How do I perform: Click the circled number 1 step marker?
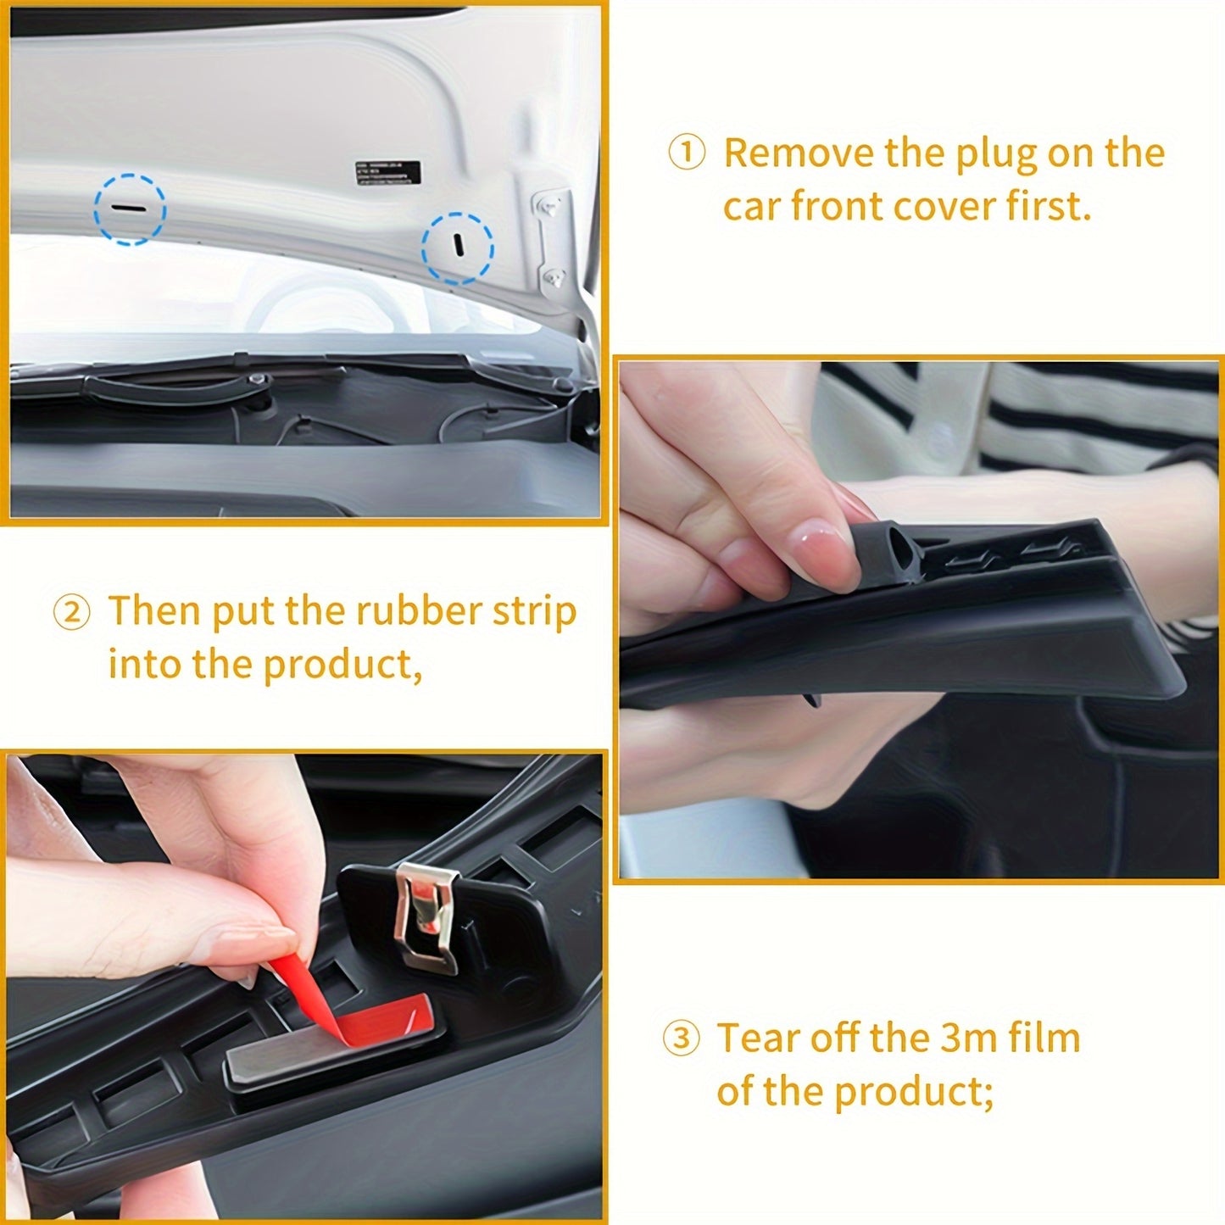(x=687, y=154)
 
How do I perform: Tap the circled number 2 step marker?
(x=71, y=613)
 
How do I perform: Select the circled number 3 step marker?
(x=681, y=1039)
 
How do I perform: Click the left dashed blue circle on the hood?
(x=130, y=209)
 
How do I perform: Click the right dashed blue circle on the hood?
(x=458, y=248)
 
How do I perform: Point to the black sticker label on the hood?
(x=387, y=170)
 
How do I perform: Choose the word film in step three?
(x=1044, y=1038)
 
